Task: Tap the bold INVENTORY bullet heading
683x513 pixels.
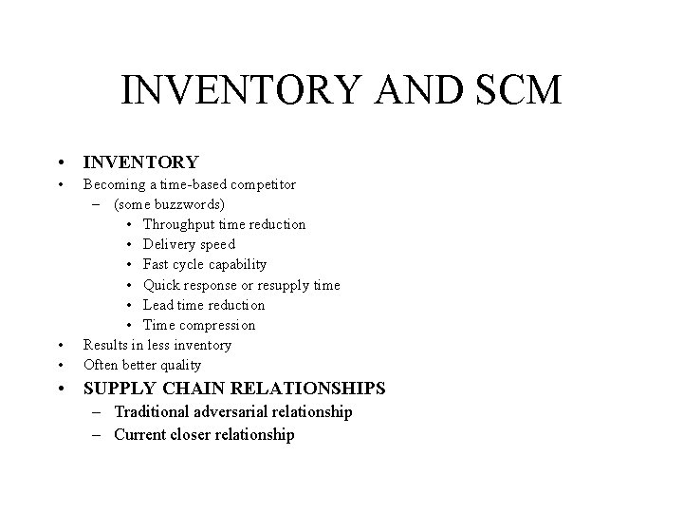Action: tap(141, 162)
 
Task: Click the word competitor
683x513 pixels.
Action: tap(263, 183)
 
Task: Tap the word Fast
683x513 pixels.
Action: tap(157, 264)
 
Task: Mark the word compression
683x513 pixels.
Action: tap(217, 325)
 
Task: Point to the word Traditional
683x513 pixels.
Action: tap(156, 411)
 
